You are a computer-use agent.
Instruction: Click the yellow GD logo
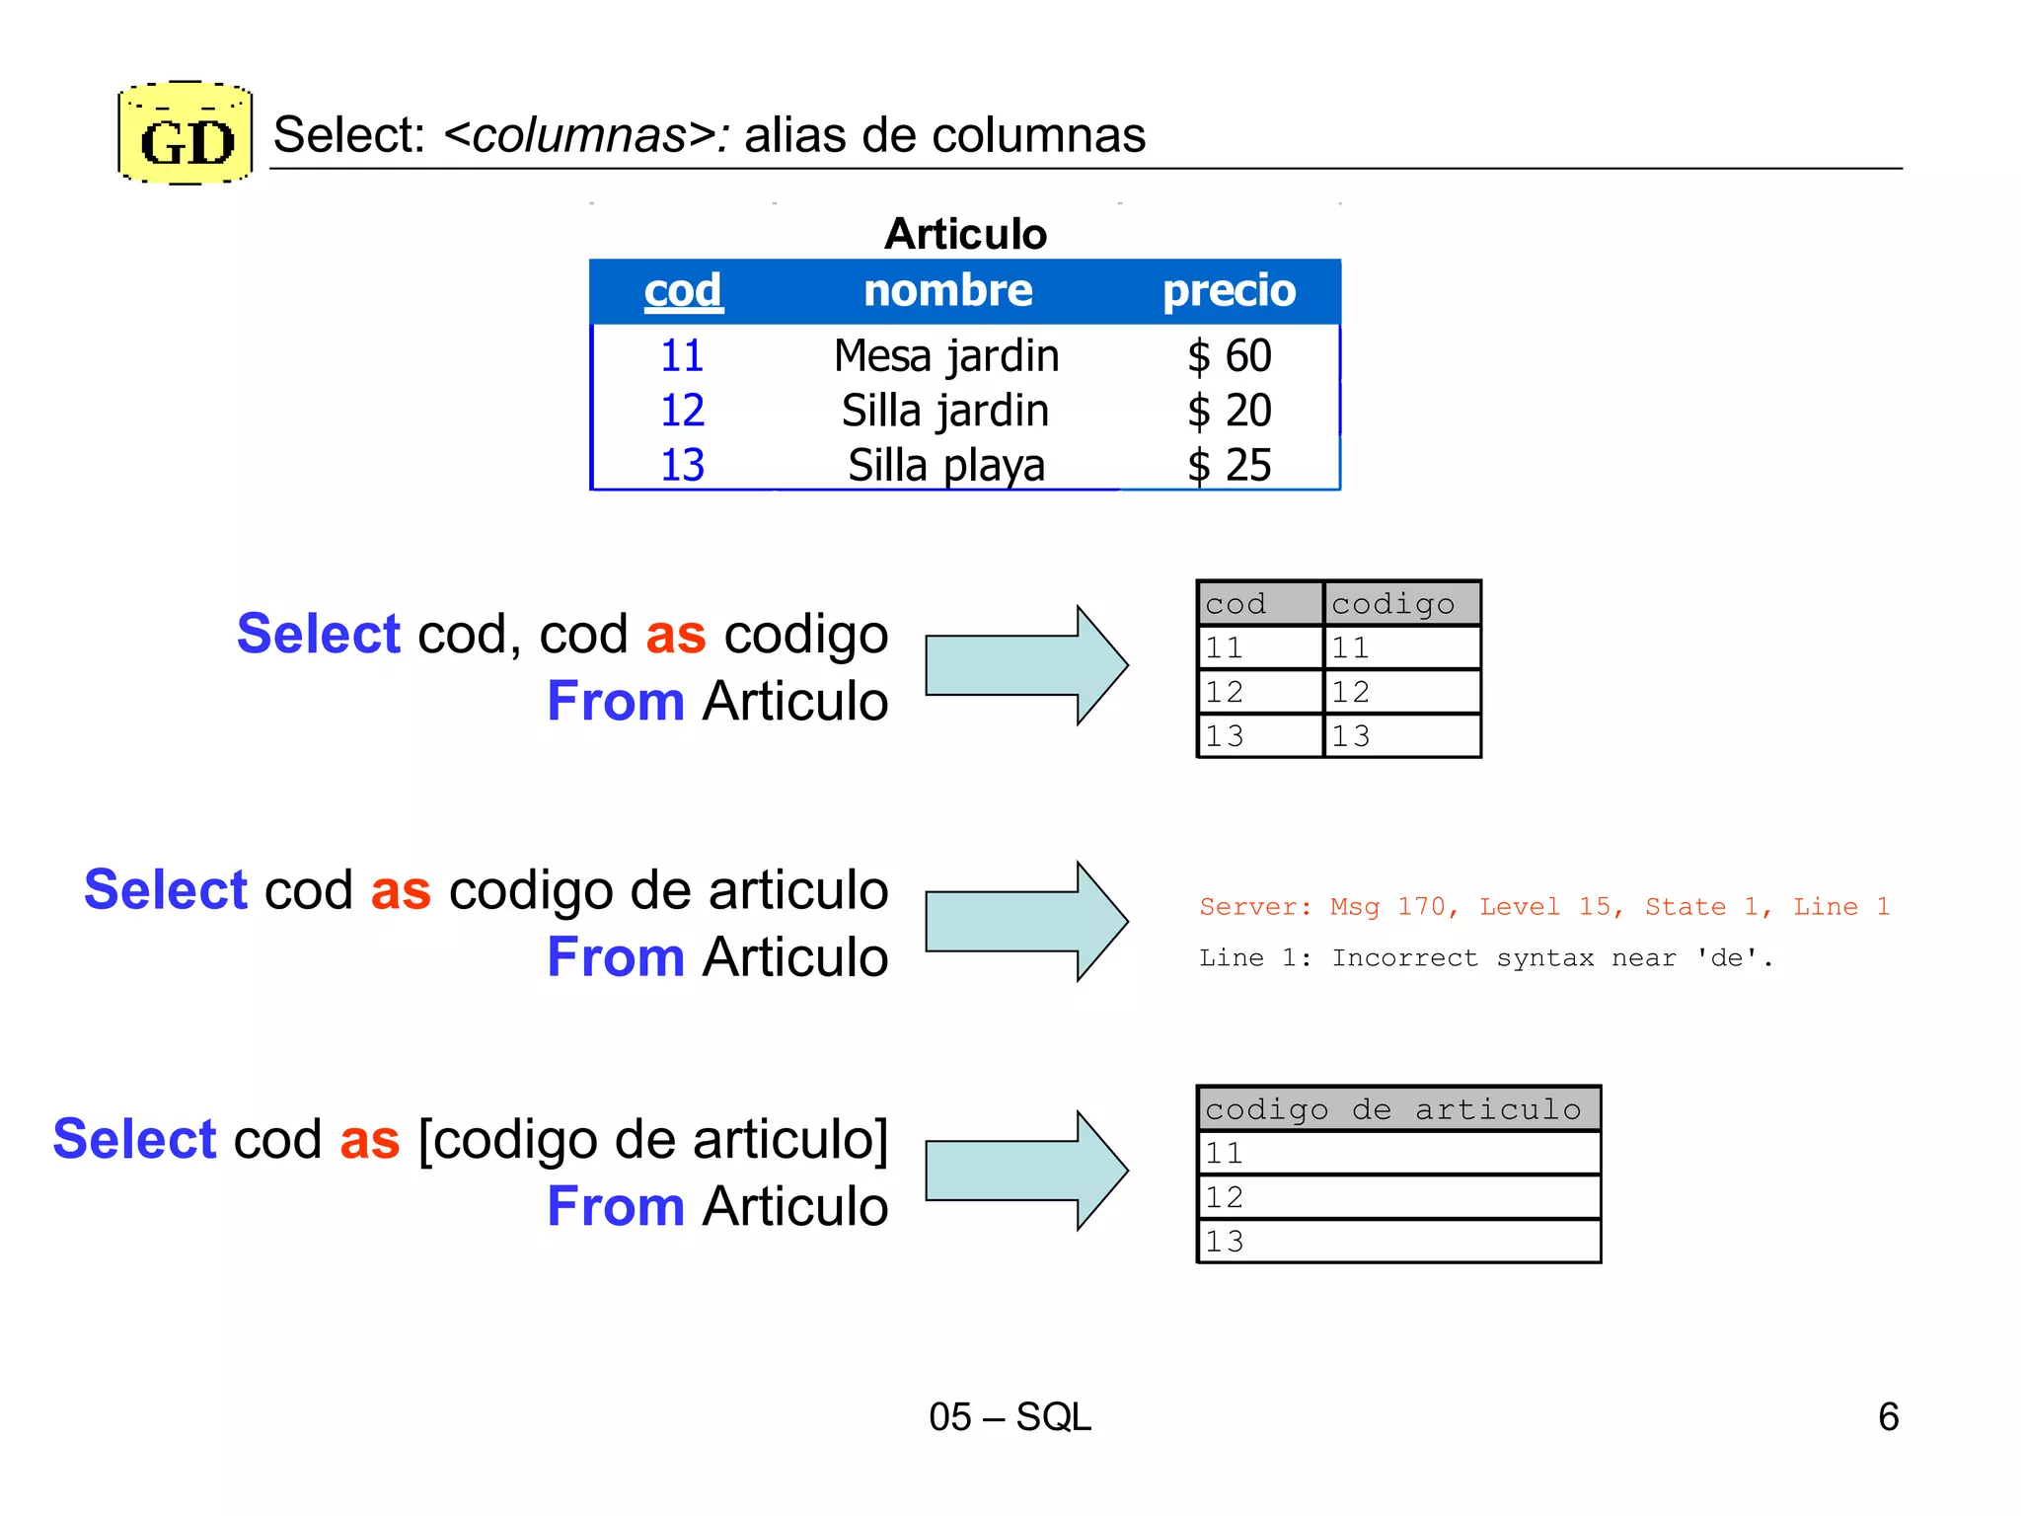186,134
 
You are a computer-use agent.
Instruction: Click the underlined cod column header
683,291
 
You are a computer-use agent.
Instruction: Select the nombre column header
948,291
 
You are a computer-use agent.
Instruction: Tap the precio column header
1229,291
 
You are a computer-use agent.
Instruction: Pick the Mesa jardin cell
946,356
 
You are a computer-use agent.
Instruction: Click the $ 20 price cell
1230,411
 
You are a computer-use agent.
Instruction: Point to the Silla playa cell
946,466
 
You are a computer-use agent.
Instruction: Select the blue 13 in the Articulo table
683,466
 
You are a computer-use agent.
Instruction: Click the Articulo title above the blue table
965,235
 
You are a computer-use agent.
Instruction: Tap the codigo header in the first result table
1401,604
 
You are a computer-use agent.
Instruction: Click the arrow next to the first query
1026,665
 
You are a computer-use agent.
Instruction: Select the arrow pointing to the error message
1026,921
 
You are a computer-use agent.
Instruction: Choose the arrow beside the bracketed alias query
1026,1171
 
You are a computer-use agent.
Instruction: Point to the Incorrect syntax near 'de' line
1485,958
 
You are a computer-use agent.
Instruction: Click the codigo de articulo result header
1397,1109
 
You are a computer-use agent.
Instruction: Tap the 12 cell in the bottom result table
1397,1197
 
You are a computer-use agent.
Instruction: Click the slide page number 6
1888,1417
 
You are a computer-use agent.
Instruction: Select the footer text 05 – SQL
1010,1417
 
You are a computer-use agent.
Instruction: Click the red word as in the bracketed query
370,1140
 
